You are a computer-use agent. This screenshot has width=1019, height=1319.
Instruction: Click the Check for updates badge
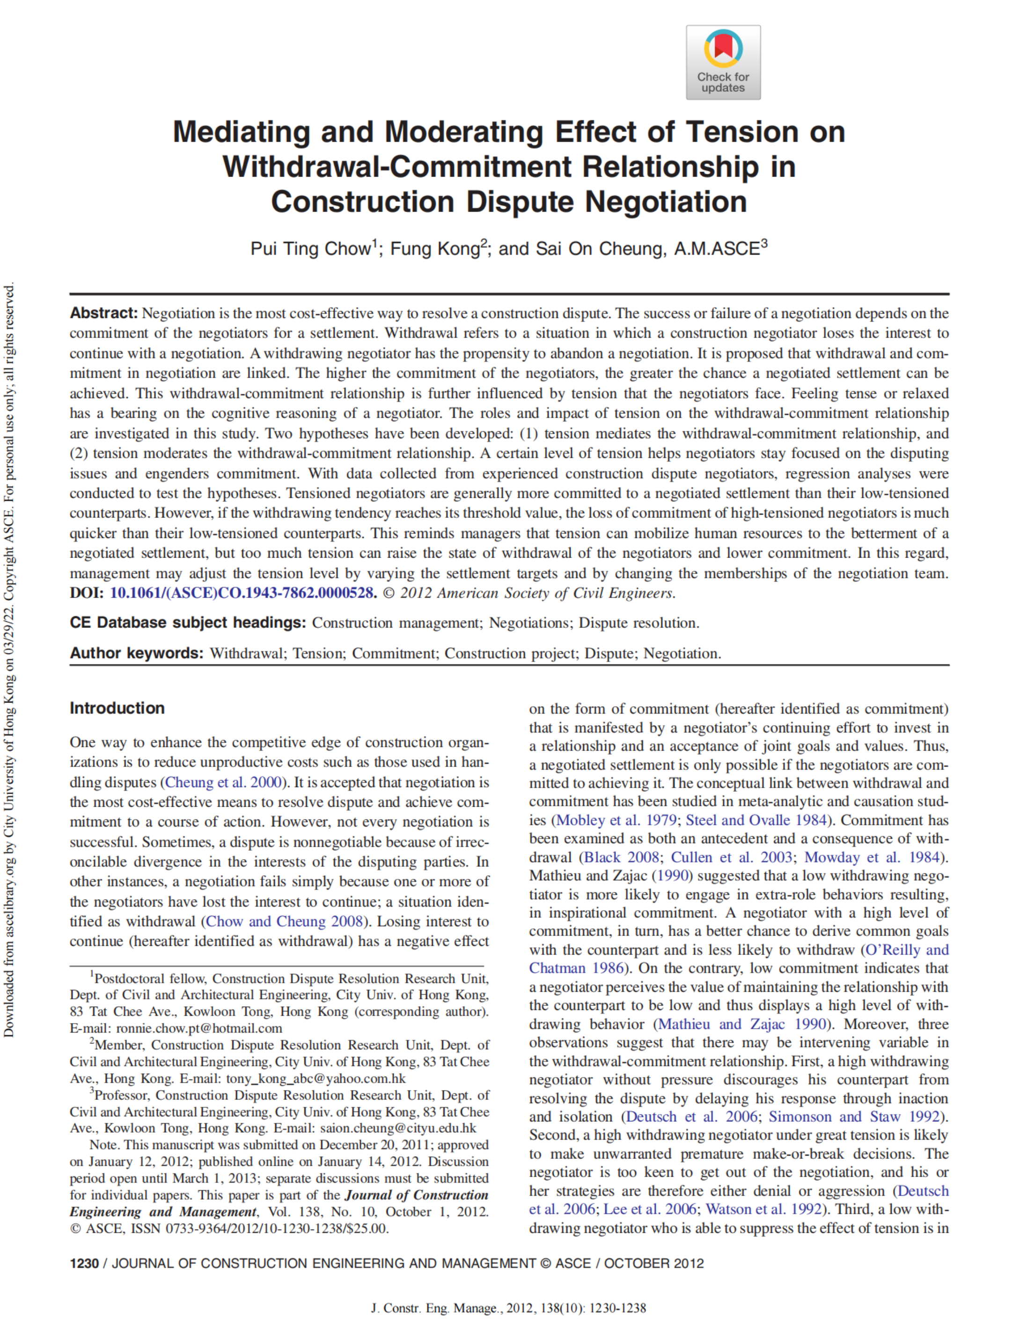pos(723,62)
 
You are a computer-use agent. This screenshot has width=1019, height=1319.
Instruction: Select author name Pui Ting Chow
pos(310,249)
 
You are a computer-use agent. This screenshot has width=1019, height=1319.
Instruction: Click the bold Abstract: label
pos(104,313)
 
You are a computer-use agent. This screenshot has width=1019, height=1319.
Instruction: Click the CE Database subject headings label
pos(188,623)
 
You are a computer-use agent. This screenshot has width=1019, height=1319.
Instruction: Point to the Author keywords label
pos(136,653)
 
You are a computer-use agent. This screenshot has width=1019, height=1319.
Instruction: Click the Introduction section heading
pos(117,708)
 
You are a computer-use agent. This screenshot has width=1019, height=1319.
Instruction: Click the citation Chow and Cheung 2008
pos(284,921)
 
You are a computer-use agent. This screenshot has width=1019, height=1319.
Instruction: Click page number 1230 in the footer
pos(84,1263)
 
